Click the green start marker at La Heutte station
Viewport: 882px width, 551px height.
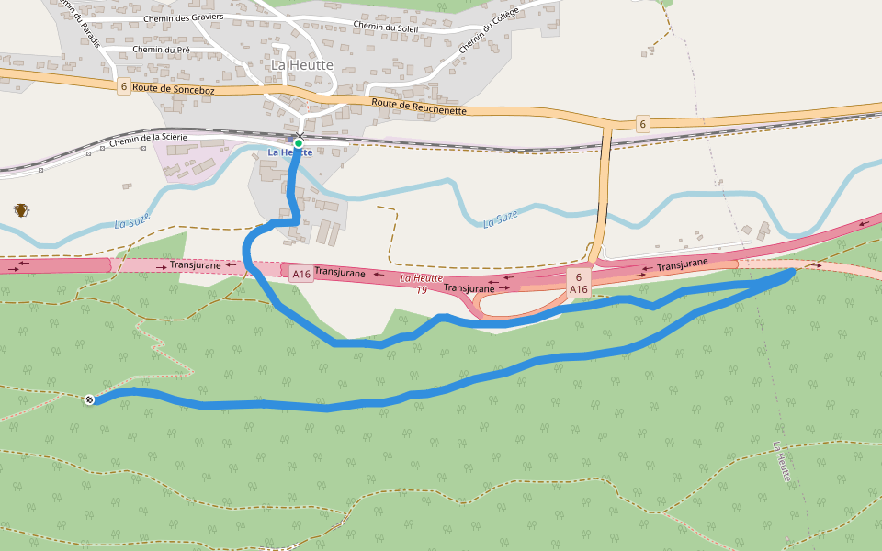(299, 142)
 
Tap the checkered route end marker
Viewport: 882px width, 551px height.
(89, 399)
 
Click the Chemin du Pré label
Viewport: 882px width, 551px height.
(161, 50)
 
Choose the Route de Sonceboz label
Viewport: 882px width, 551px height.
(173, 89)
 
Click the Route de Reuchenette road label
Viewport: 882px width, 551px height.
(419, 106)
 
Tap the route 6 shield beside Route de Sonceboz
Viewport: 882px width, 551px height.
(123, 86)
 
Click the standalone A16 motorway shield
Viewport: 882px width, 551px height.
(300, 274)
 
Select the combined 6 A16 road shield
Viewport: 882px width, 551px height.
(578, 283)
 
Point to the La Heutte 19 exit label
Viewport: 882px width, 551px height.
(422, 284)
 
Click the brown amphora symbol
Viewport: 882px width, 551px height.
(20, 210)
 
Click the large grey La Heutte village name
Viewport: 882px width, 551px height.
(302, 65)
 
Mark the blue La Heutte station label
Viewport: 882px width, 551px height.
(290, 152)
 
